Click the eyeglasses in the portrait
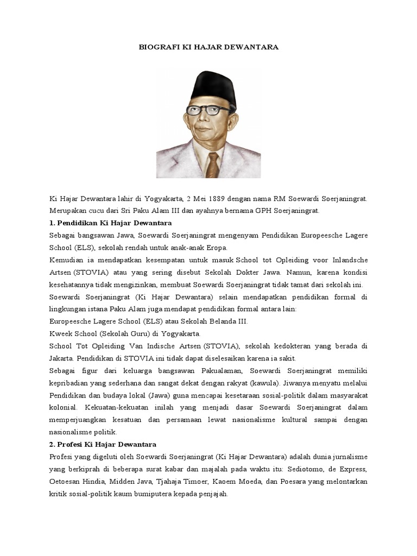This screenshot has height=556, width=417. (x=208, y=110)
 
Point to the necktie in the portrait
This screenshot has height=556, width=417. (x=212, y=165)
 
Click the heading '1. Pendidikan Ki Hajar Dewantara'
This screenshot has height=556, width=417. (x=110, y=223)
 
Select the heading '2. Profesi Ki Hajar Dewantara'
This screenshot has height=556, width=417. (x=103, y=444)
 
